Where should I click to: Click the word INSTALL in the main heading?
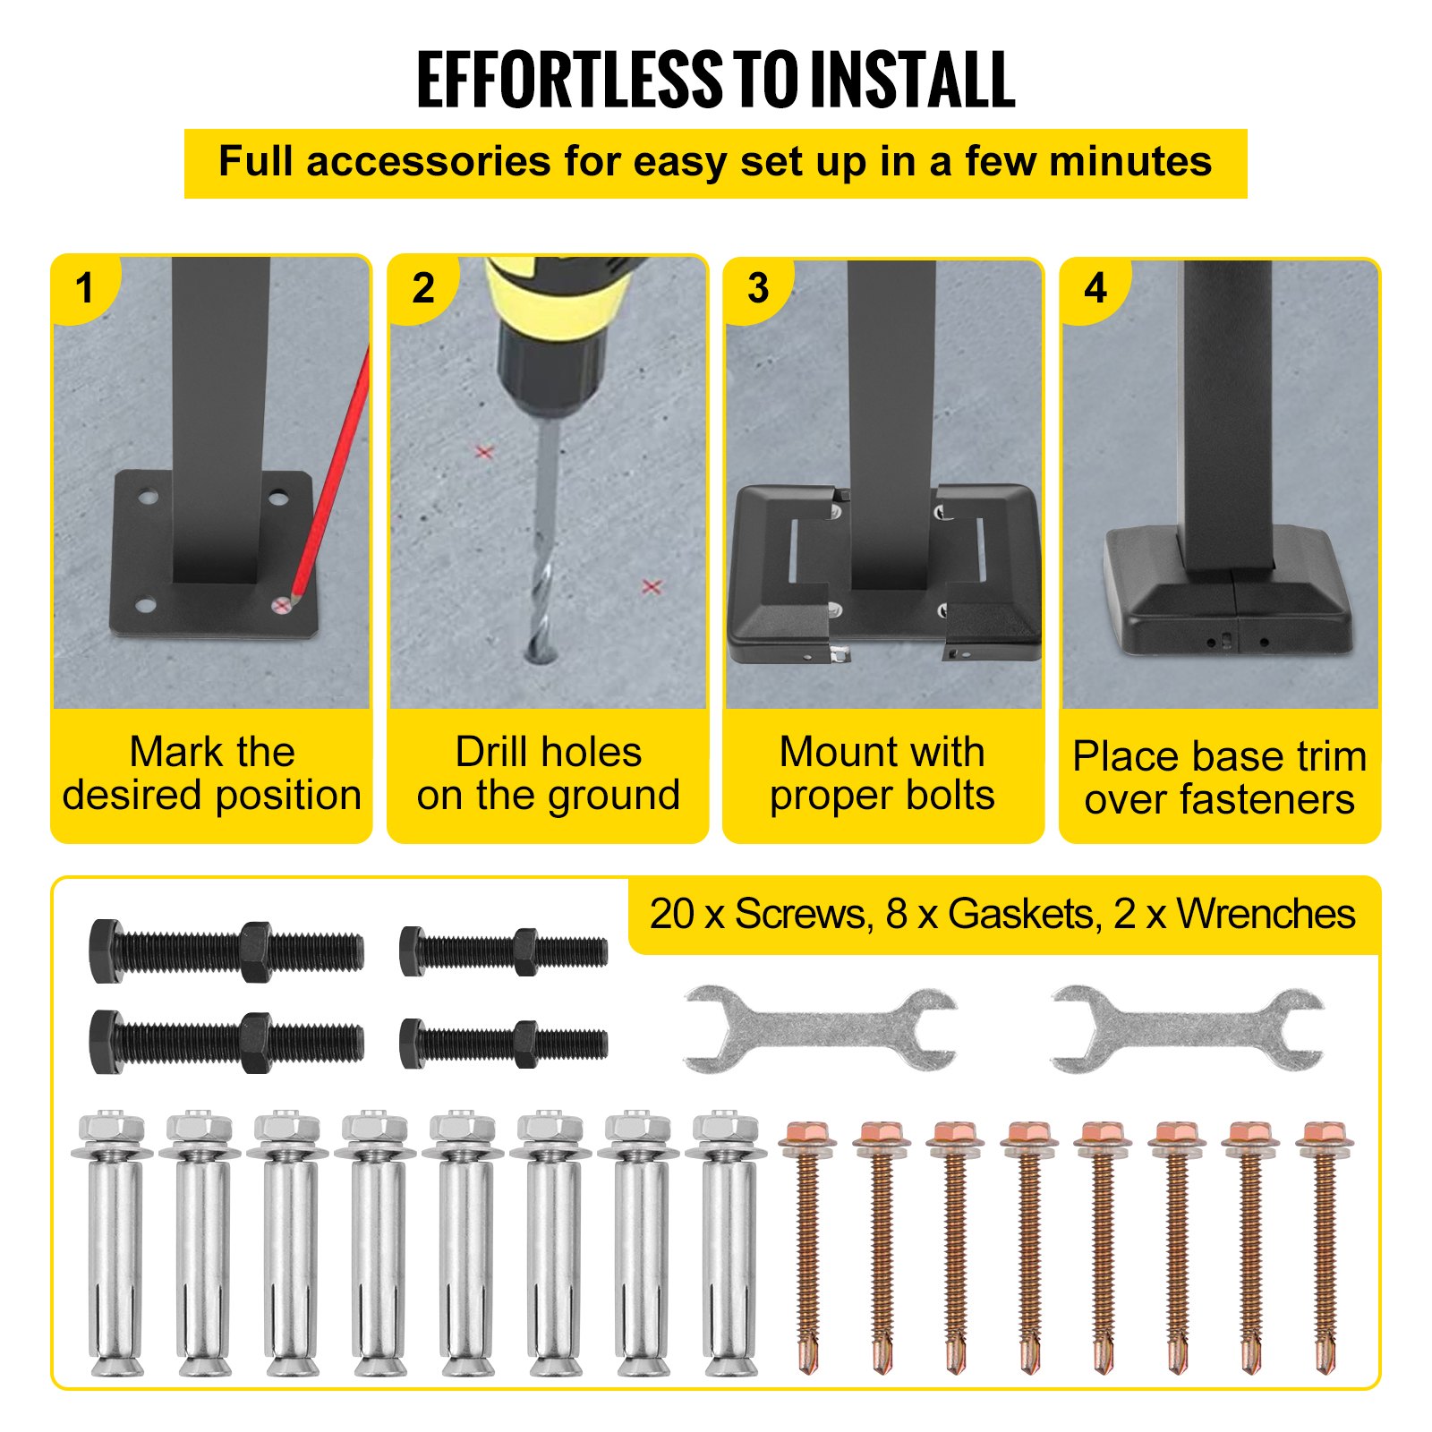912,81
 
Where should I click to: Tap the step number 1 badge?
85,288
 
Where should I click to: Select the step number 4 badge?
1095,288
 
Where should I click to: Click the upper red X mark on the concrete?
484,453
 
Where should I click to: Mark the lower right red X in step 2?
652,587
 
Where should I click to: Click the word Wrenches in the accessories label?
1266,915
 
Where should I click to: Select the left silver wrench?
819,1029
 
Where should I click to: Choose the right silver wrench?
1187,1029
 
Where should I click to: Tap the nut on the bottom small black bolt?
524,1044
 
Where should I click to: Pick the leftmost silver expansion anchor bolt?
113,1244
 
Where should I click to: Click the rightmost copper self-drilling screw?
1324,1244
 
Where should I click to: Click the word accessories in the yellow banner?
428,162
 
